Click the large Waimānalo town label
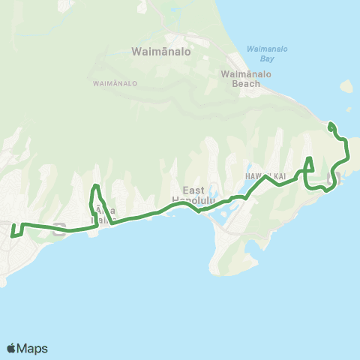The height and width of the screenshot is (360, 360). pos(161,53)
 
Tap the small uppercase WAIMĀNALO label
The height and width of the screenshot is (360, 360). pos(115,83)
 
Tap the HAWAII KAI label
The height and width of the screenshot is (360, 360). pos(265,175)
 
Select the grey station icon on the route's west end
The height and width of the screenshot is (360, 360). pos(59,229)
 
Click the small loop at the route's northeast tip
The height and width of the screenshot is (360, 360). pos(331,127)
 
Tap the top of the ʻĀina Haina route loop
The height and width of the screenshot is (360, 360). pos(95,187)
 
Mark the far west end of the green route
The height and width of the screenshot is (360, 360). pos(13,235)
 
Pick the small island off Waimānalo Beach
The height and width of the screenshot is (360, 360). pos(346,86)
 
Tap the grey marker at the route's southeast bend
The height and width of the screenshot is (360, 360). pos(334,178)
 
